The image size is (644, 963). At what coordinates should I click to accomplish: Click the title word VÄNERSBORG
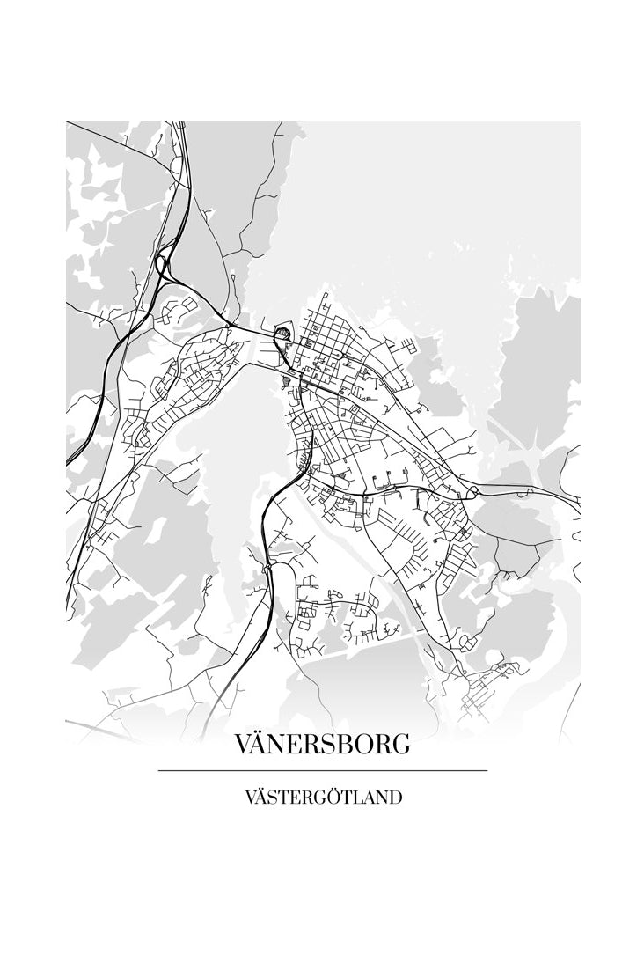322,744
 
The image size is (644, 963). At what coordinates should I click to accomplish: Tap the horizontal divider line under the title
322,770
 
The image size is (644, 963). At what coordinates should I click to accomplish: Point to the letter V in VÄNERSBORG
245,744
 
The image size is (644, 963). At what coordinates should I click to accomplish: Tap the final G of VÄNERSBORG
399,744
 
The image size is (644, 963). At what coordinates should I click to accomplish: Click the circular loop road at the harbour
282,334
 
